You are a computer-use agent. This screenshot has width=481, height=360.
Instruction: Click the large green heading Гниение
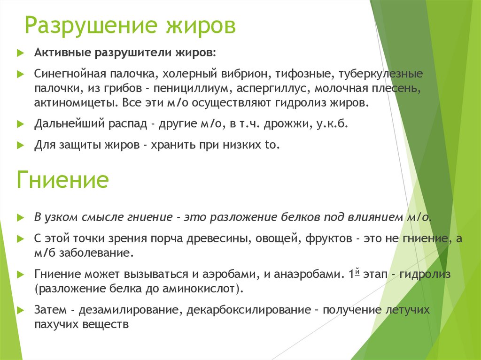pos(62,180)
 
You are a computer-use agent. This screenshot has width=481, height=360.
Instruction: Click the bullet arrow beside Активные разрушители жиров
pos(19,53)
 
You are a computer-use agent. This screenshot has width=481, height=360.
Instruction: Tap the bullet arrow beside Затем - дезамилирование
pos(19,310)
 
